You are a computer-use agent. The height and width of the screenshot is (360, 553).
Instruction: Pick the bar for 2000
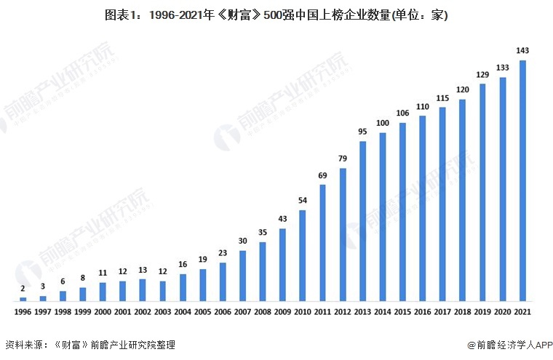(103, 292)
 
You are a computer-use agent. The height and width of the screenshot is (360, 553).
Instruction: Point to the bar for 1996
(23, 299)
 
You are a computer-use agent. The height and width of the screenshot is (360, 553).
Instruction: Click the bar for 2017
(442, 204)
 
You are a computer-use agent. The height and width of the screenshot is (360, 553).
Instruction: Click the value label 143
(522, 50)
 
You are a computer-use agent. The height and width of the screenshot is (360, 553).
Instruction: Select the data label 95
(362, 131)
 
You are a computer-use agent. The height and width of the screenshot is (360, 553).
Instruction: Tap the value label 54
(303, 200)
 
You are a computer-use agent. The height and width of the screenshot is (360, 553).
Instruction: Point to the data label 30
(242, 241)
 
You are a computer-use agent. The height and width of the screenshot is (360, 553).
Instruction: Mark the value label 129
(482, 74)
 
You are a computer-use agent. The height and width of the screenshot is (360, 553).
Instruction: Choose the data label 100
(383, 123)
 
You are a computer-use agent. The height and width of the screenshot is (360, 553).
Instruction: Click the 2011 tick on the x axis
(322, 312)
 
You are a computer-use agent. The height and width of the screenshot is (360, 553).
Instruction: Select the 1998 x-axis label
(63, 312)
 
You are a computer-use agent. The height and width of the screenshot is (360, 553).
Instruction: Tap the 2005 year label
(202, 312)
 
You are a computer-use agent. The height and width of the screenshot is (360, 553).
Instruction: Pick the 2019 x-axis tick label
(482, 312)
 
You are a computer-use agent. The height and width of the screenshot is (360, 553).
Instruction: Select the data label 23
(223, 252)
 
